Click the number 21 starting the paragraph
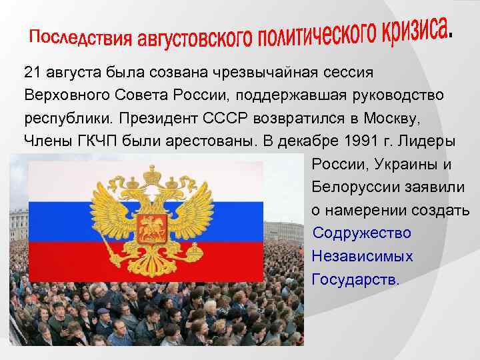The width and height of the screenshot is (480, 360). point(32,71)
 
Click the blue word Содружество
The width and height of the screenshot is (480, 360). point(361,233)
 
